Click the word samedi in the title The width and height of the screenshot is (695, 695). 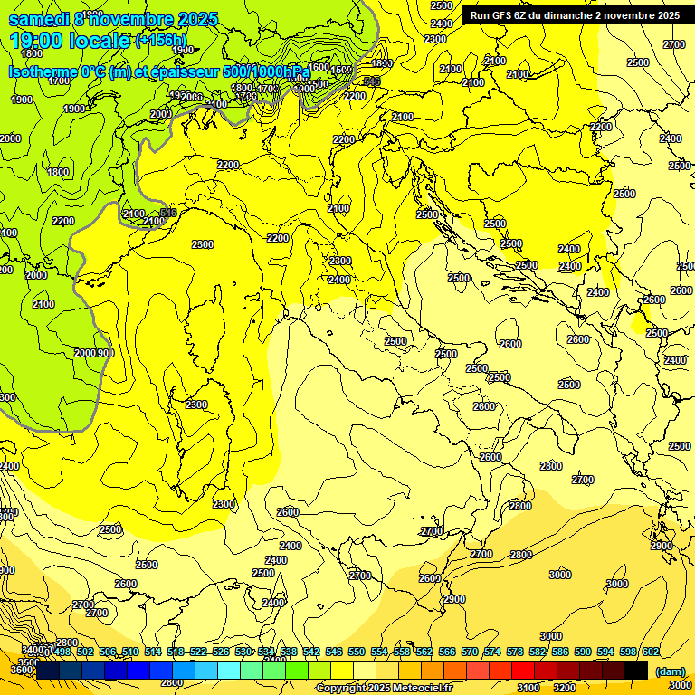coord(38,19)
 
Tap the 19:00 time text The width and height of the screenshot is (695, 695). coord(37,41)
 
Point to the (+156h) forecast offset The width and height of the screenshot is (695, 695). coord(161,41)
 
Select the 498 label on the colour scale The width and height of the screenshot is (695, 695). coord(62,652)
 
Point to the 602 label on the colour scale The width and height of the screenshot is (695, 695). coord(650,652)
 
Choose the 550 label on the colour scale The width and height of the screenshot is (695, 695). coord(357,652)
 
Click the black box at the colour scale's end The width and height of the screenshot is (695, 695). coord(636,670)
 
